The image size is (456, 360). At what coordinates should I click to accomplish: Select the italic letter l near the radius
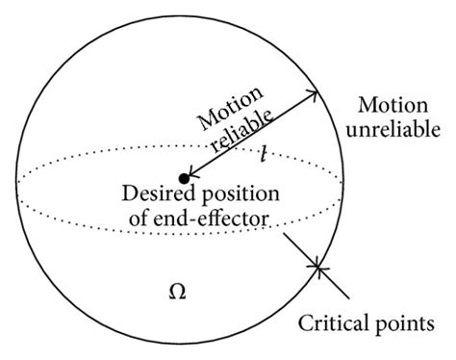point(263,151)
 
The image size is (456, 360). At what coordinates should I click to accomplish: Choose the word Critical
point(334,319)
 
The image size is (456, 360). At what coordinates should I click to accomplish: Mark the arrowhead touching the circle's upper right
point(313,95)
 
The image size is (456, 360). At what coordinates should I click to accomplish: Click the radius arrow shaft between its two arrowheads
point(253,134)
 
